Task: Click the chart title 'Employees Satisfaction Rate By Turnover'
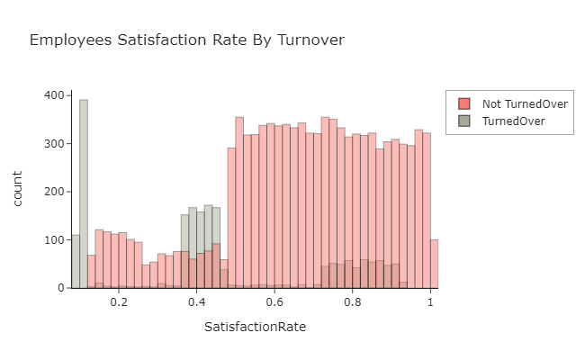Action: coord(187,40)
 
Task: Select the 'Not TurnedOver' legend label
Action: coord(525,103)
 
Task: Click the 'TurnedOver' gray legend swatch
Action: coord(464,121)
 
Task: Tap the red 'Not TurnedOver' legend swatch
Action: coord(464,103)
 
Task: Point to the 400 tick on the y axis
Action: coord(52,95)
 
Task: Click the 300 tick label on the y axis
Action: coord(52,144)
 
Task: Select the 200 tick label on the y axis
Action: coord(52,192)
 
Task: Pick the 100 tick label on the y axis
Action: coord(52,240)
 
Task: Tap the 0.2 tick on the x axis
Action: coord(119,304)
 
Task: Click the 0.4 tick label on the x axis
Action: coord(197,304)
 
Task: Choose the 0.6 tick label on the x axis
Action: coord(275,304)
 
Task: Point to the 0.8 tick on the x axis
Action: coord(353,304)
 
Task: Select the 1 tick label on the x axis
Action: coord(431,304)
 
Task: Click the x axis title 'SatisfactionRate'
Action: coord(255,327)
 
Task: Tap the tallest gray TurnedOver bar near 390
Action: coord(84,193)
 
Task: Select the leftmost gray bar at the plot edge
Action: coord(76,261)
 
